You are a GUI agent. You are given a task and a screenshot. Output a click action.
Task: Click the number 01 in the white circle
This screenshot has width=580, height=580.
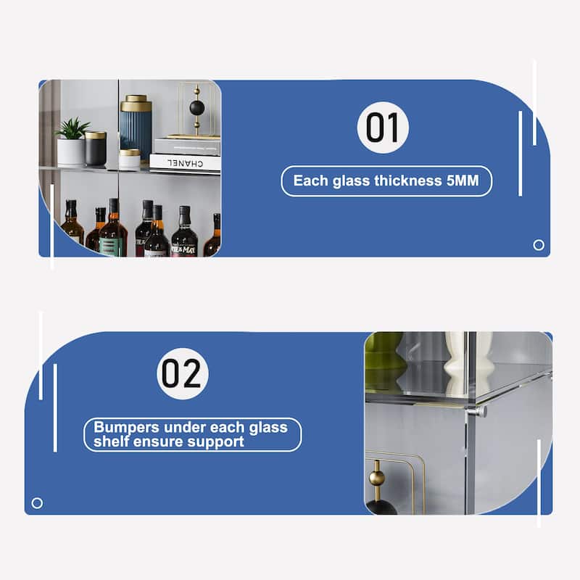click(x=383, y=128)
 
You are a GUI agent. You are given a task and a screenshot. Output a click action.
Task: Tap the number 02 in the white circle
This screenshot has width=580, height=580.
click(x=182, y=373)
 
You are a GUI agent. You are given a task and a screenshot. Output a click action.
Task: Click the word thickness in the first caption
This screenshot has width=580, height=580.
click(x=408, y=181)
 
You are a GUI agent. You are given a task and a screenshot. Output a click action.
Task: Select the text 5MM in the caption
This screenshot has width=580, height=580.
click(x=463, y=181)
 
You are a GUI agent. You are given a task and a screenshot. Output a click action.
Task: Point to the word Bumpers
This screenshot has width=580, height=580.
click(x=126, y=428)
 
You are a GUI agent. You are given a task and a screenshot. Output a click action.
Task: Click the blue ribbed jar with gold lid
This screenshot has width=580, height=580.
click(x=136, y=125)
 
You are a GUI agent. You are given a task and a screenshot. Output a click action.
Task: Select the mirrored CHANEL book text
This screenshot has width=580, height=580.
click(x=185, y=163)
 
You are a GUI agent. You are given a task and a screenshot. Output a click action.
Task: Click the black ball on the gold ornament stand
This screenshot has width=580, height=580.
click(x=196, y=108)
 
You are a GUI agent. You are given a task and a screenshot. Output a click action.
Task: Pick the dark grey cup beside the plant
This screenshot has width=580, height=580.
click(x=96, y=149)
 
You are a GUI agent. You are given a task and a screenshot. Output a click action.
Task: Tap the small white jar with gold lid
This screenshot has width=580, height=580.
click(x=130, y=159)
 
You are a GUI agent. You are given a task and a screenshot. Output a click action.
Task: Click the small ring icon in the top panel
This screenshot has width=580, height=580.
click(x=539, y=245)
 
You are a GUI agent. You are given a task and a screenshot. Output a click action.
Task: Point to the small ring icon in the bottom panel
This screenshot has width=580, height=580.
click(x=37, y=503)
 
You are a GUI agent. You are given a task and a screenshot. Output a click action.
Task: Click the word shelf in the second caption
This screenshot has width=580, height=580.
click(x=110, y=442)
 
